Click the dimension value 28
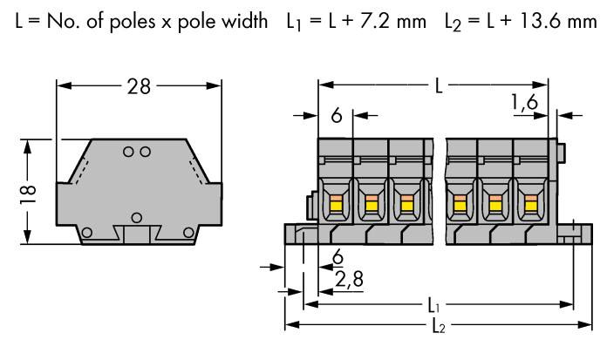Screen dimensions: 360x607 tap(140, 86)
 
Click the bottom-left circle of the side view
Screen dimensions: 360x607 tap(85, 233)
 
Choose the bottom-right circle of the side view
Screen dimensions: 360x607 tap(189, 233)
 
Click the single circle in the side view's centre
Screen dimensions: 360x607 tap(136, 216)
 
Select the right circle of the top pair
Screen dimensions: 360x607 tap(144, 152)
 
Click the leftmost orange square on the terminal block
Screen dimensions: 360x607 tap(335, 206)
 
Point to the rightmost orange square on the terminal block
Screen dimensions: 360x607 tap(530, 206)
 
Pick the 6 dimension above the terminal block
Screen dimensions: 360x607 tap(335, 114)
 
